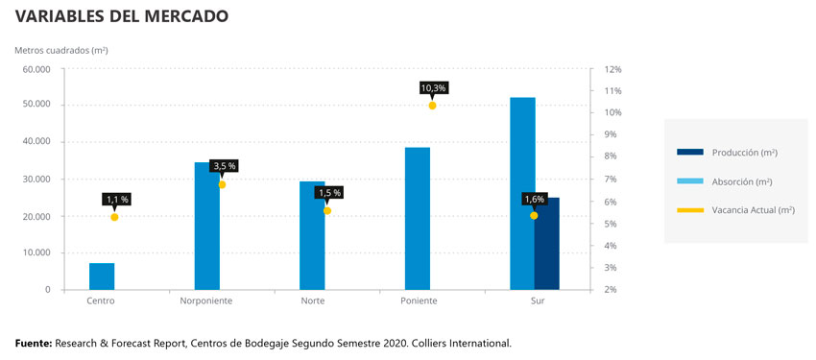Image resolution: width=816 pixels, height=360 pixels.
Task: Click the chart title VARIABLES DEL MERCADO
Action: (x=121, y=16)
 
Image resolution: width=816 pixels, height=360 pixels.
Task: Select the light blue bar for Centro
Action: (x=102, y=276)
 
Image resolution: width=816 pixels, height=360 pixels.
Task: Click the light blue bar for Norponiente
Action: (x=206, y=227)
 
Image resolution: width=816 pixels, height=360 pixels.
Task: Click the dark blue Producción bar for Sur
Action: (x=547, y=244)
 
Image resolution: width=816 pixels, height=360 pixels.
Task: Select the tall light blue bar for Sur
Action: (x=522, y=192)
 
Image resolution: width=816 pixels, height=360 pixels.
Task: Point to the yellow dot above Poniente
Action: (x=432, y=106)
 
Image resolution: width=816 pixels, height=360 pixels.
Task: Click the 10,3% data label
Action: (x=433, y=88)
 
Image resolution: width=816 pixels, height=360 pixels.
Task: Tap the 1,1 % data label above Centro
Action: (x=116, y=200)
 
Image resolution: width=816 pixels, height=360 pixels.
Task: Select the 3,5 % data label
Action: (x=224, y=166)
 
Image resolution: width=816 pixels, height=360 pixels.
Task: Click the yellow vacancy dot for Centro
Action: (x=114, y=217)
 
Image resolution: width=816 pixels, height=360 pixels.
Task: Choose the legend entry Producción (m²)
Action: (x=728, y=153)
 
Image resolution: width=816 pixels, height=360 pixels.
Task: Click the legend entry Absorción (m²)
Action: (x=727, y=180)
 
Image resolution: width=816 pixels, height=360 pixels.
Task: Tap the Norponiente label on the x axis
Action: (x=205, y=301)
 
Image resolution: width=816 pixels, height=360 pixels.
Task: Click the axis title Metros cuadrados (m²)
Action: (x=60, y=49)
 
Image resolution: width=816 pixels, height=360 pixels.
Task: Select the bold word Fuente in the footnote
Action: (x=34, y=343)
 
